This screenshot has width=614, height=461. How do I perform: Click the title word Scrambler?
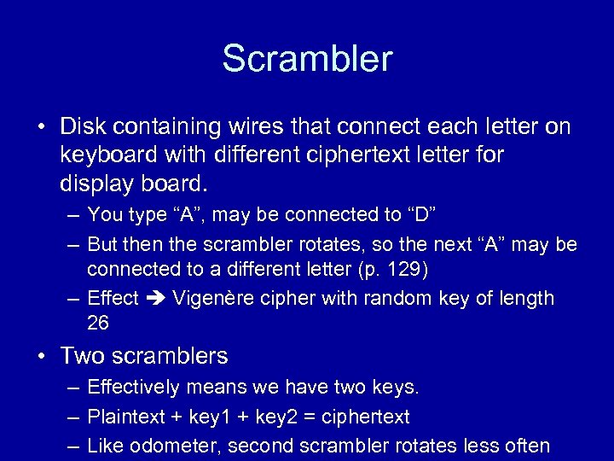tap(307, 59)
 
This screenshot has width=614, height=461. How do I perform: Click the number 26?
tap(98, 324)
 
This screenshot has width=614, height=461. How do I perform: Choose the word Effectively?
tap(133, 388)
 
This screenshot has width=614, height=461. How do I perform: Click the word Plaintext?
tap(127, 417)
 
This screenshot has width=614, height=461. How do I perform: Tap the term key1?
tap(206, 417)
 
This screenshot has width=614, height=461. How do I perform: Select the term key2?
tap(275, 417)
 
